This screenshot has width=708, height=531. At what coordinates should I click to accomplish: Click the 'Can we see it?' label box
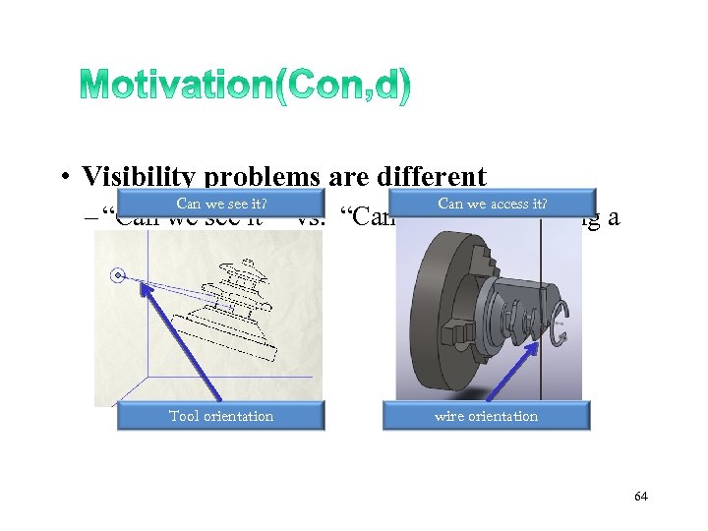pos(221,205)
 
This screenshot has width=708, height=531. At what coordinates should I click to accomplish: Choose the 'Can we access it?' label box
pos(492,205)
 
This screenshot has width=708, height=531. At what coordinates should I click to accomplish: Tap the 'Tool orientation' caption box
pos(220,416)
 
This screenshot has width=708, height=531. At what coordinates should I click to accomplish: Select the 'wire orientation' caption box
pos(486,416)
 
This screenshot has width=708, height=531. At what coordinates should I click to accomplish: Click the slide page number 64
pos(640,497)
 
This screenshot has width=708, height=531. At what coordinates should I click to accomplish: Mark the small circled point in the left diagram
pos(119,276)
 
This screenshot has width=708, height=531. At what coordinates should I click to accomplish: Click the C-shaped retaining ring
pos(558,324)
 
